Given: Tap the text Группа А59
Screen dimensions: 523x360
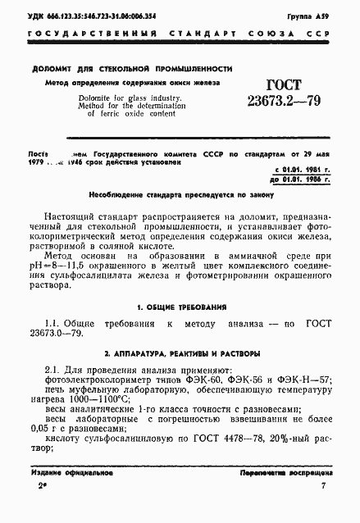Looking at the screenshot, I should pyautogui.click(x=312, y=16).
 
